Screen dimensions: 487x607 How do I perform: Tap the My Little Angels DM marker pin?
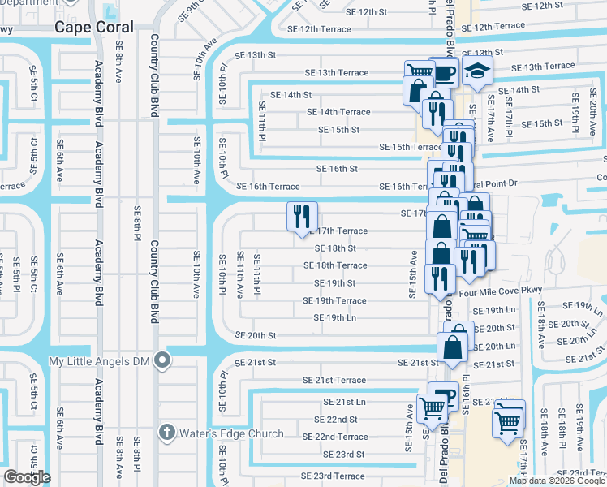pos(163,360)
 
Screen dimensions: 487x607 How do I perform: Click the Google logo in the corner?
pos(27,477)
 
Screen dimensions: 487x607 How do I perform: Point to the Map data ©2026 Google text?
pos(557,481)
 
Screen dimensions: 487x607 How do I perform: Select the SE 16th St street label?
pos(337,169)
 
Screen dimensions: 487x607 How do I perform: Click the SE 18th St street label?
pos(334,248)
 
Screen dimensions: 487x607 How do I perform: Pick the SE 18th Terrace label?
pos(335,265)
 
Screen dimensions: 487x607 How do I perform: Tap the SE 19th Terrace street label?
pos(335,300)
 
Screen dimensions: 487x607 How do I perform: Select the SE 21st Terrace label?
pos(334,380)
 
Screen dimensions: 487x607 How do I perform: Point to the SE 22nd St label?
pos(336,420)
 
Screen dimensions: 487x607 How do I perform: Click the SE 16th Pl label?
pos(467,390)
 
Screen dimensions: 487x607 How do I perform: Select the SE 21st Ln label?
pos(344,402)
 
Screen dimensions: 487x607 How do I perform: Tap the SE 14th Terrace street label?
pos(338,112)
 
